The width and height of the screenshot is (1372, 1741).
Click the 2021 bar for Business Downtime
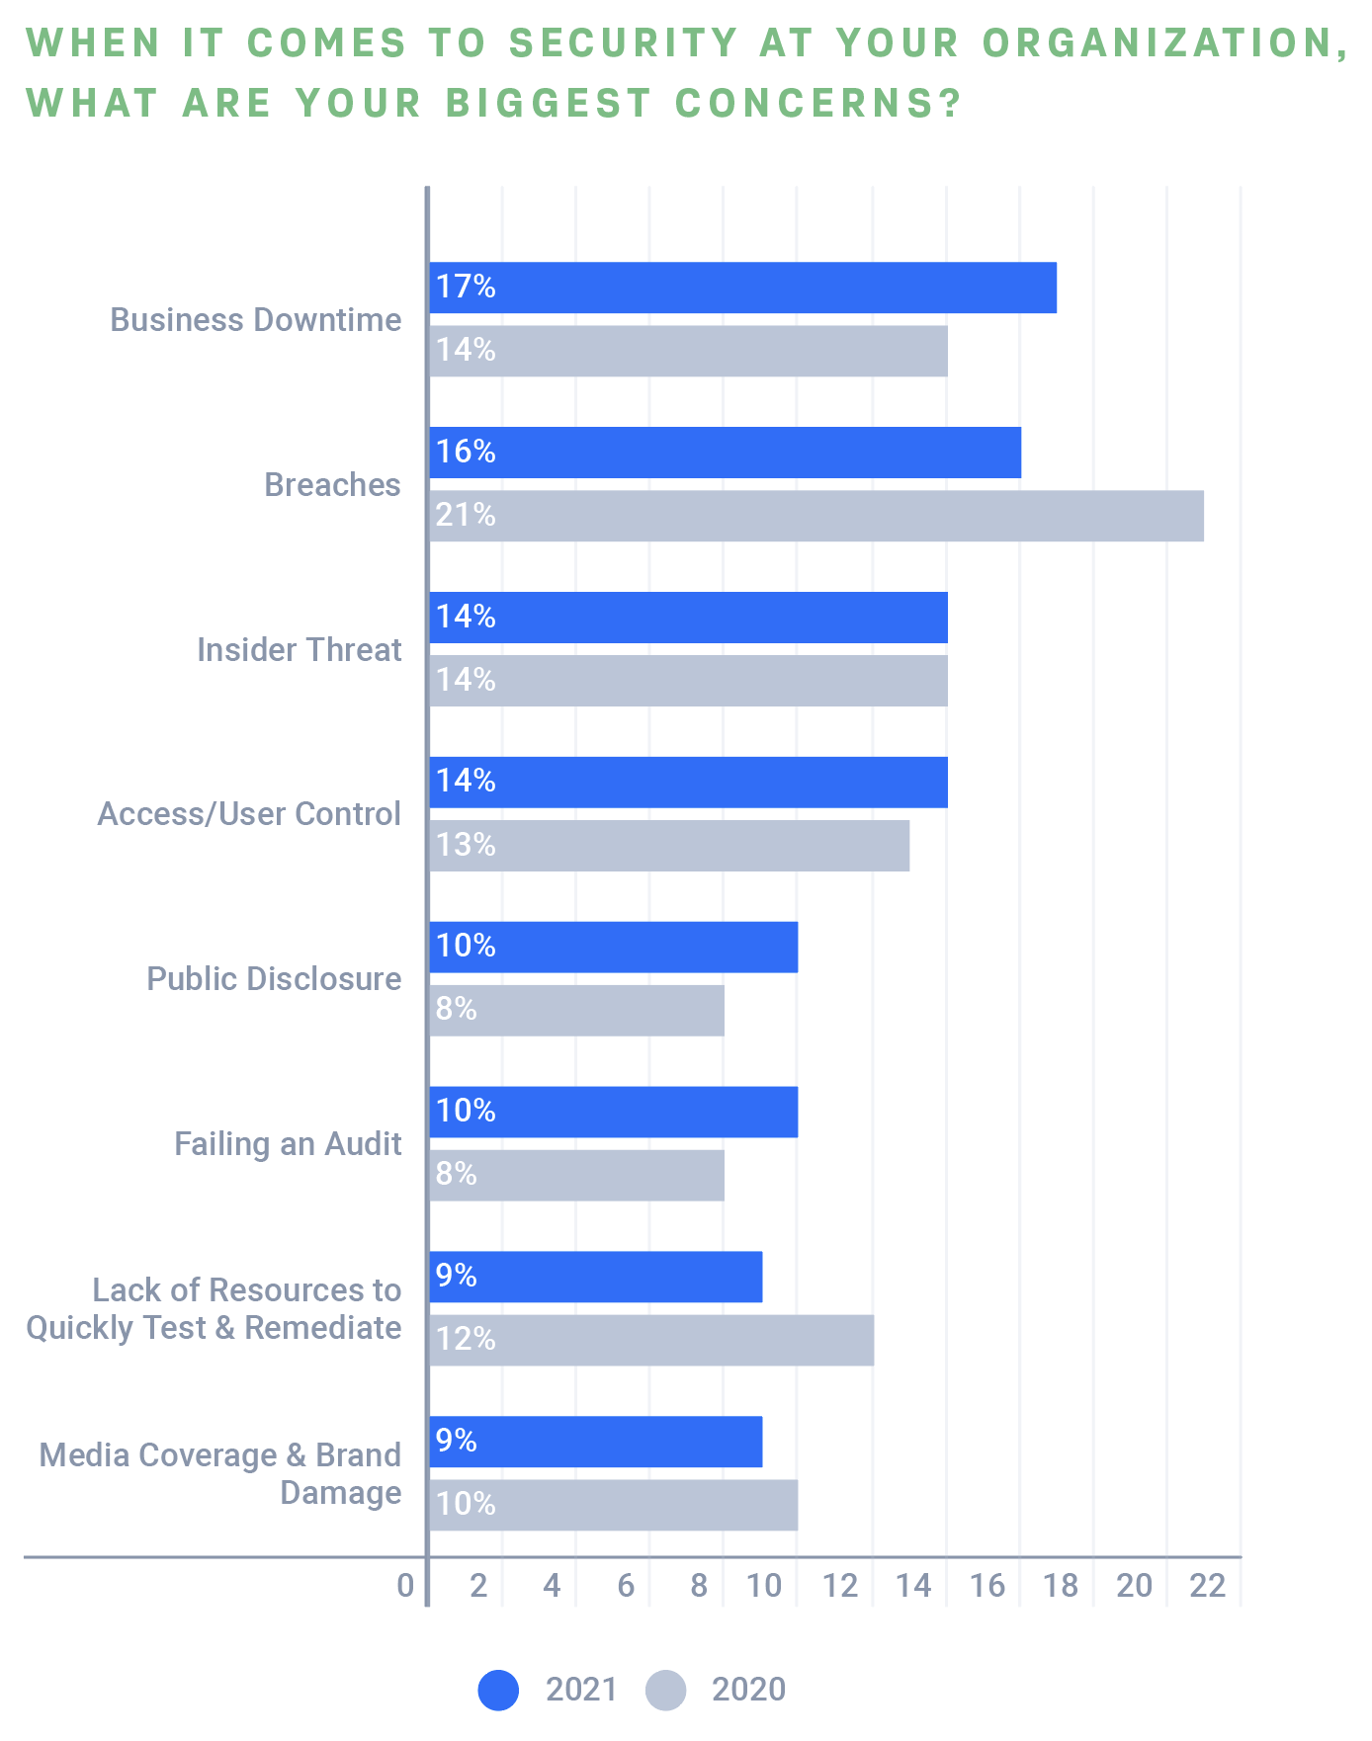(743, 288)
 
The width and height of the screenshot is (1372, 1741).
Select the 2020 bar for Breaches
(816, 516)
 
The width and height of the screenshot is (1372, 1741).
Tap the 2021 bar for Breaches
(726, 453)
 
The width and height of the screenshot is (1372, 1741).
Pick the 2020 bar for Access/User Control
(669, 846)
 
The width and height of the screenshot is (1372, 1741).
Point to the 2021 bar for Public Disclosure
(614, 947)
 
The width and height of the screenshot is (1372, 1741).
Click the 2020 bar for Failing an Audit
(577, 1175)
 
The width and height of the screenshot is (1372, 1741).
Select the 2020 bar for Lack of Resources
(651, 1340)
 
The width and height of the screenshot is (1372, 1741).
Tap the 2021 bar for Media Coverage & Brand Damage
(596, 1442)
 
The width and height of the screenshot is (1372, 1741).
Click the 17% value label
(466, 287)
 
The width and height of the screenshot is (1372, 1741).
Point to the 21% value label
(466, 515)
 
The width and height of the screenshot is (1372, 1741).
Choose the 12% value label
(466, 1339)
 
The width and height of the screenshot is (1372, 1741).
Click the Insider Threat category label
(299, 650)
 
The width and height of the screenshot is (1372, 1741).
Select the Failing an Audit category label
(288, 1144)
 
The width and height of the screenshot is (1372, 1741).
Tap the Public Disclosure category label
(274, 979)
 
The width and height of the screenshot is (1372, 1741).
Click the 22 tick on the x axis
(1207, 1586)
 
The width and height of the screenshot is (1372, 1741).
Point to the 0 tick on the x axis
(405, 1586)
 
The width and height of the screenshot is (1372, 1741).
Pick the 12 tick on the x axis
(840, 1586)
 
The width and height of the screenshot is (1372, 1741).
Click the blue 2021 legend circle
(498, 1690)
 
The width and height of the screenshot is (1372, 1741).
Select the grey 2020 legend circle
(665, 1690)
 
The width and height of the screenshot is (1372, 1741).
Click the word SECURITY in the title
(624, 43)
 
